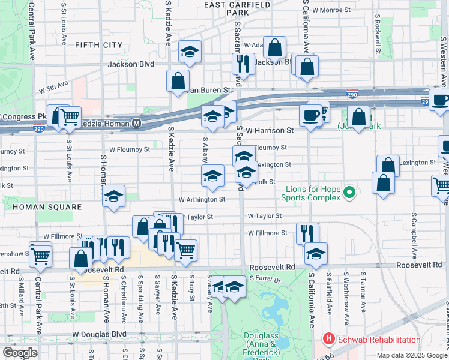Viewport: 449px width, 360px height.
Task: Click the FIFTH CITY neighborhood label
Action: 98,45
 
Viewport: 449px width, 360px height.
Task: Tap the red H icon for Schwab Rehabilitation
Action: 328,340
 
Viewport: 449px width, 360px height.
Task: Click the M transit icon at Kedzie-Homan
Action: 137,123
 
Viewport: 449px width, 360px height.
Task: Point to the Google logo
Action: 20,353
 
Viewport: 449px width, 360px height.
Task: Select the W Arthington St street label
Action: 202,200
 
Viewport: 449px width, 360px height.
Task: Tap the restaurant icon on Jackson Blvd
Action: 244,63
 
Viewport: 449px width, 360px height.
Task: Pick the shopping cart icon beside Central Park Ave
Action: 40,254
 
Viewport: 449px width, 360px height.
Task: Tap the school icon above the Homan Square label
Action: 113,197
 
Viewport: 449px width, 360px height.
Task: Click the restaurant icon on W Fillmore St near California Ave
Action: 307,233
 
